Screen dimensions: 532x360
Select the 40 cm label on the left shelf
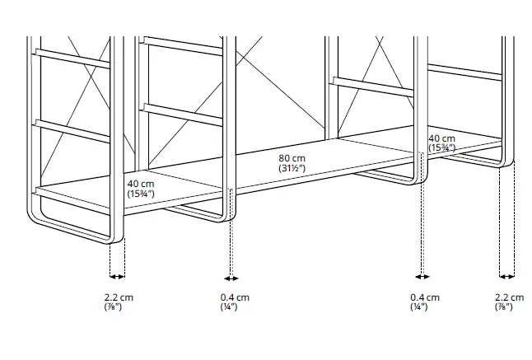click(140, 184)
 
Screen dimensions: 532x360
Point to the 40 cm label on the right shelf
click(441, 138)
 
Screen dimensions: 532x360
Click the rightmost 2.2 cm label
click(508, 297)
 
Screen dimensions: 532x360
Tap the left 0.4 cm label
click(234, 297)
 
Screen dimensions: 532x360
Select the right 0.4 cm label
click(425, 297)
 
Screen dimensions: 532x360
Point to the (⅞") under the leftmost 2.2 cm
click(116, 306)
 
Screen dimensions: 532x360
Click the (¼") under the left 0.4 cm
click(230, 306)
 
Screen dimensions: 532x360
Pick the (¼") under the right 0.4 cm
click(421, 306)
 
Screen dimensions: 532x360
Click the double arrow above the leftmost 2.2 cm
click(116, 277)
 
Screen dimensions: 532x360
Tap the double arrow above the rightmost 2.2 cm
click(507, 277)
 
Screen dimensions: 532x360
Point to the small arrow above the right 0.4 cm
click(422, 277)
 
